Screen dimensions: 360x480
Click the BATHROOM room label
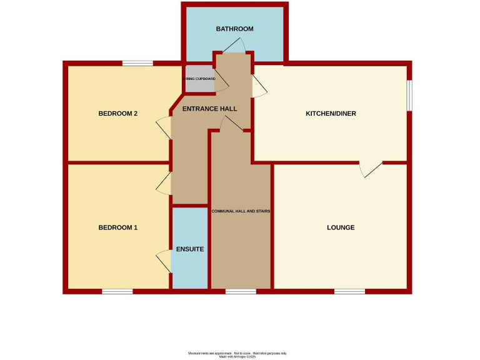coord(234,29)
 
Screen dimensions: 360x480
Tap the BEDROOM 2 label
coord(117,114)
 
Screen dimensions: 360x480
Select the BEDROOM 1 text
coord(117,227)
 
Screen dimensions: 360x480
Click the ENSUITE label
coord(189,249)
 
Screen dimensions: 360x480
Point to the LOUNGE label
coord(341,227)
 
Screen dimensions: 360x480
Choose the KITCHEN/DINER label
coord(331,114)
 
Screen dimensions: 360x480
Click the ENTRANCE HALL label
coord(209,109)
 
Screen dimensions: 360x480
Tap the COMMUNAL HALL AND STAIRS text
coord(241,211)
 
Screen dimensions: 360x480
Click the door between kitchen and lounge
coord(371,169)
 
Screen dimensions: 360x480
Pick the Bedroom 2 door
coord(163,128)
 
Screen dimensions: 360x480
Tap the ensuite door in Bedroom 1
coord(164,260)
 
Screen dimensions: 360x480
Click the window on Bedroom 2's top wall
coord(137,62)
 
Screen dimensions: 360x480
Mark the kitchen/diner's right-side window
coord(410,96)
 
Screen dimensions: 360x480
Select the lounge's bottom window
coord(349,291)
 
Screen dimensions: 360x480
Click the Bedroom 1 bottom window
coord(117,291)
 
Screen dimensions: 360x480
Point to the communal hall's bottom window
coord(241,291)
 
